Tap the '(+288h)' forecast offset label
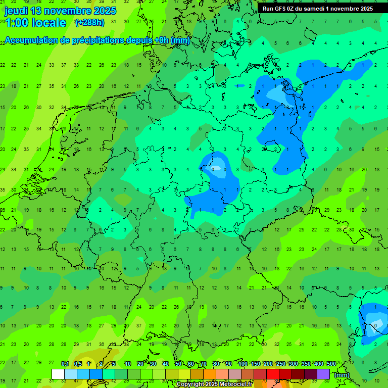(89, 23)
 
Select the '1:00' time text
(17, 23)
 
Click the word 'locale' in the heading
(49, 23)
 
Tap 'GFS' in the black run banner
(280, 9)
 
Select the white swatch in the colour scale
(58, 374)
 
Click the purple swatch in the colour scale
(323, 374)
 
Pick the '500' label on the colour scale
(331, 364)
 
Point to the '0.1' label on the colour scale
(65, 364)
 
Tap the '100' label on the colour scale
(243, 364)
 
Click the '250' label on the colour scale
(280, 364)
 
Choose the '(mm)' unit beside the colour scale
(342, 375)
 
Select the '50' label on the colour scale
(178, 364)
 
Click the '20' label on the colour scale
(140, 364)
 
